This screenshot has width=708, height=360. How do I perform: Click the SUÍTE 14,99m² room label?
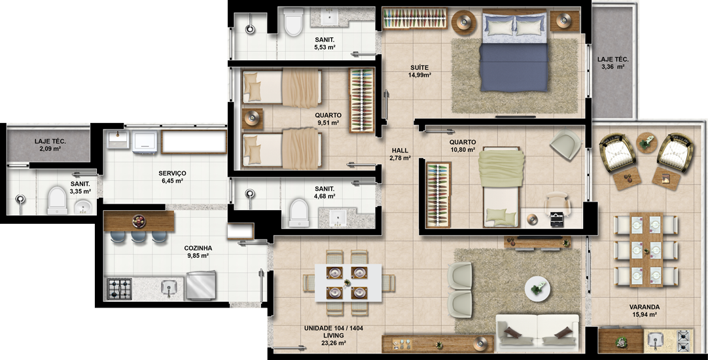419,71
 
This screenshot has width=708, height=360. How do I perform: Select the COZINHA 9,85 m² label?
198,251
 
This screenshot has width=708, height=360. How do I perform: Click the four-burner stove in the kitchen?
120,289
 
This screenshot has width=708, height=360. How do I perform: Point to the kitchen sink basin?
169,288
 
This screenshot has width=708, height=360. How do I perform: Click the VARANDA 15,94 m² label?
645,311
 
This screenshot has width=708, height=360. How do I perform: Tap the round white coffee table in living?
537,288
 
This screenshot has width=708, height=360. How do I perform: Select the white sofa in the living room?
537,333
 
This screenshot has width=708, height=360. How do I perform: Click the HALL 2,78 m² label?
400,154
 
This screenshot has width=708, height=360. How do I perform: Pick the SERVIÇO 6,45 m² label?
172,177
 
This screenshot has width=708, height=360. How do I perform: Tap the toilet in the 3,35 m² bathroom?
57,200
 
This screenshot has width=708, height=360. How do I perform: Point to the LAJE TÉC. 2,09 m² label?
50,145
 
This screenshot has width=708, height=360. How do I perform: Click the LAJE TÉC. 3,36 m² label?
612,63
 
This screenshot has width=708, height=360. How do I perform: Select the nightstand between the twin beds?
253,118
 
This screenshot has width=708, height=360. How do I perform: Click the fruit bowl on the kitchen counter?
139,221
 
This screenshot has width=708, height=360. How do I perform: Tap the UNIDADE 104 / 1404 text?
334,328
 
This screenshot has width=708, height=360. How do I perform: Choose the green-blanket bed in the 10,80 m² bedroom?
503,187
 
